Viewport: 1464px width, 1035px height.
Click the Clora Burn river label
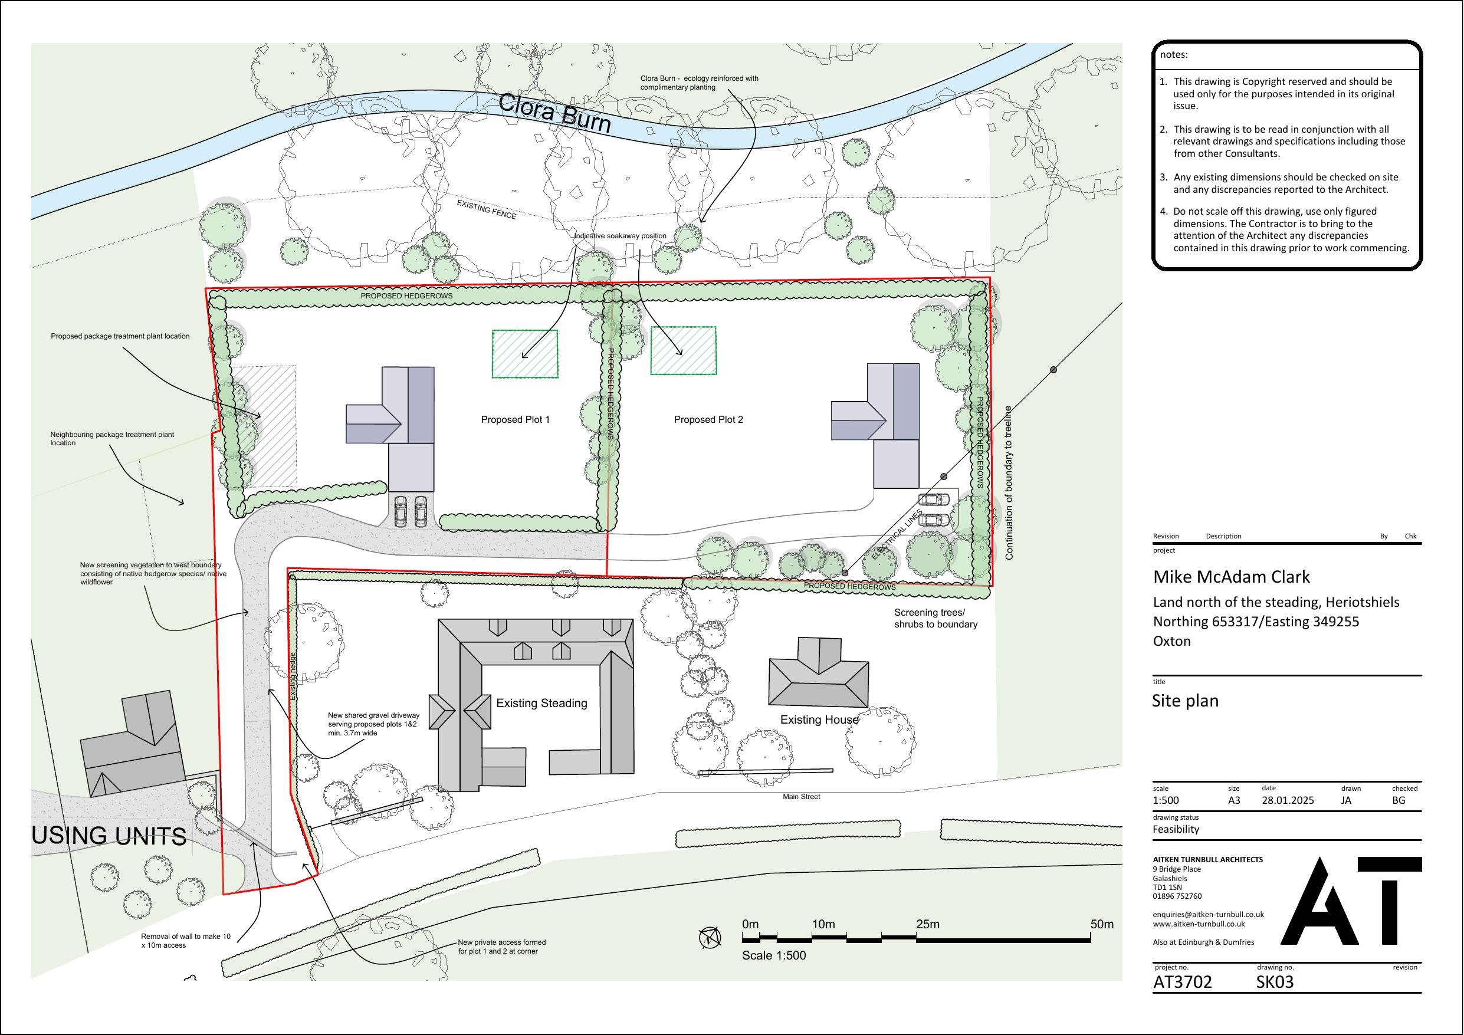pyautogui.click(x=554, y=113)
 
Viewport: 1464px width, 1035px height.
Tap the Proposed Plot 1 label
pyautogui.click(x=514, y=420)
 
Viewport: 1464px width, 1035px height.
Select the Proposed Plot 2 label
pyautogui.click(x=708, y=420)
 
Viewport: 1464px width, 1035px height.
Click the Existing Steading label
pyautogui.click(x=541, y=704)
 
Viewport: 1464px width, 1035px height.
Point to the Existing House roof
pyautogui.click(x=818, y=676)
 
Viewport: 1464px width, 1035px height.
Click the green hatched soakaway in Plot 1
pyautogui.click(x=525, y=354)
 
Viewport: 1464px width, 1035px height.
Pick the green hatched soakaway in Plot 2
pyautogui.click(x=683, y=351)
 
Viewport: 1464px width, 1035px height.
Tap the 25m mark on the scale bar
pyautogui.click(x=927, y=925)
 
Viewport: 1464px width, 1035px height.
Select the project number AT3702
pyautogui.click(x=1182, y=982)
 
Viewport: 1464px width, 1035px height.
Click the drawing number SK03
pyautogui.click(x=1275, y=982)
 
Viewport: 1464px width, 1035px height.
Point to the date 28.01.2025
pyautogui.click(x=1288, y=800)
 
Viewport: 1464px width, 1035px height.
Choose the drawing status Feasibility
pyautogui.click(x=1176, y=829)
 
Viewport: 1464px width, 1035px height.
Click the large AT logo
pyautogui.click(x=1351, y=901)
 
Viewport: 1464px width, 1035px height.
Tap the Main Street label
pyautogui.click(x=802, y=797)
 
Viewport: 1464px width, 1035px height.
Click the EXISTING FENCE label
pyautogui.click(x=487, y=209)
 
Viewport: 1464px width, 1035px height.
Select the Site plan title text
pyautogui.click(x=1185, y=701)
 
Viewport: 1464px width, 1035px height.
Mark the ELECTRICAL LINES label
pyautogui.click(x=897, y=535)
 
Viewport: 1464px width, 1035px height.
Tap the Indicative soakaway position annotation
pyautogui.click(x=621, y=236)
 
